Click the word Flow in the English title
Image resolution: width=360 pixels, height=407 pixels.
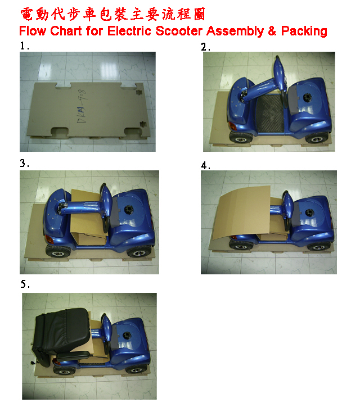click(x=33, y=31)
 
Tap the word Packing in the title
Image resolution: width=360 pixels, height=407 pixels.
click(x=304, y=31)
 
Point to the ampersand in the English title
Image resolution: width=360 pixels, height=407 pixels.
click(x=272, y=31)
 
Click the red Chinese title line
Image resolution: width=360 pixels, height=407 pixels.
click(x=112, y=14)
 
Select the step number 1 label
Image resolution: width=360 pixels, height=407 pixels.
click(x=24, y=46)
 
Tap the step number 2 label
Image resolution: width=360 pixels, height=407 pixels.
click(x=205, y=47)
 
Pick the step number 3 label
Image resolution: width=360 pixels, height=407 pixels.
click(x=24, y=164)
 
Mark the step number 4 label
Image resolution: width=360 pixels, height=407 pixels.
click(x=205, y=166)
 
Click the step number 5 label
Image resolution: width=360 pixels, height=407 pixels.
click(x=25, y=284)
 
